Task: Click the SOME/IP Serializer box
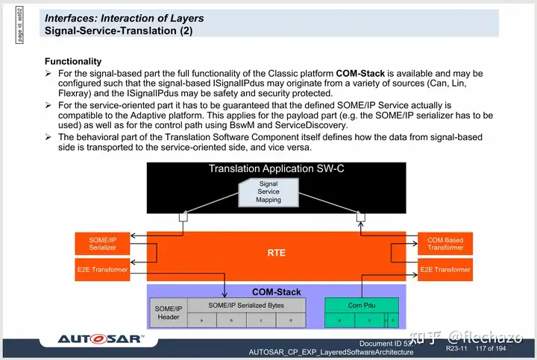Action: click(x=102, y=244)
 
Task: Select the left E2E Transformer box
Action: click(x=102, y=269)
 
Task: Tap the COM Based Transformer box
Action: click(x=445, y=244)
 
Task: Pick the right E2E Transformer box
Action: click(x=445, y=269)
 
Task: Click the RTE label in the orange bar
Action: click(x=276, y=253)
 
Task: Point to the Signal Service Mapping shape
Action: click(x=268, y=191)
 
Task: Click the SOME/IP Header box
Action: click(x=169, y=313)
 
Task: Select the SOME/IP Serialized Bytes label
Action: click(x=246, y=305)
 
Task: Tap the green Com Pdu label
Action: click(x=361, y=305)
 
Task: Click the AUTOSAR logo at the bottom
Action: click(x=101, y=339)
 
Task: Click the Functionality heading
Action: click(x=73, y=61)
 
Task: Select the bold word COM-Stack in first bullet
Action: click(x=362, y=74)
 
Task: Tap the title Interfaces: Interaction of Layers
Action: click(x=124, y=18)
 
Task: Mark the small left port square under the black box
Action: click(x=180, y=217)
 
